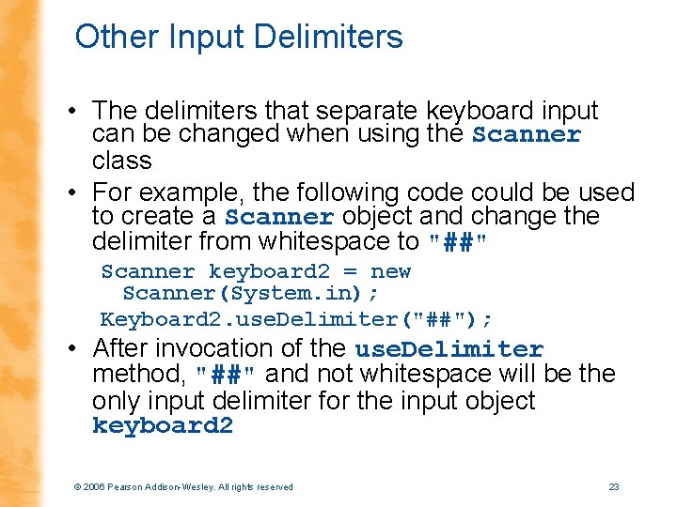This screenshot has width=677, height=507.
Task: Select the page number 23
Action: click(614, 486)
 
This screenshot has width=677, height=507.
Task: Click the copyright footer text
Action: click(182, 486)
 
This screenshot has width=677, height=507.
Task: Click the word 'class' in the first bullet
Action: click(121, 161)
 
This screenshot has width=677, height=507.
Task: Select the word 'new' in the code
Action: click(390, 271)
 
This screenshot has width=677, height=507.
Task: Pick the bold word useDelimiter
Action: click(449, 349)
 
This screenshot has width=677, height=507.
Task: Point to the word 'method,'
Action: click(140, 375)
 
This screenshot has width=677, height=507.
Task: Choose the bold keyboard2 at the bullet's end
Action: click(162, 426)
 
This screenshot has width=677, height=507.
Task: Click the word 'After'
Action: click(122, 348)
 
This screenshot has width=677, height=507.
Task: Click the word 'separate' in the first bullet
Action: click(338, 110)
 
